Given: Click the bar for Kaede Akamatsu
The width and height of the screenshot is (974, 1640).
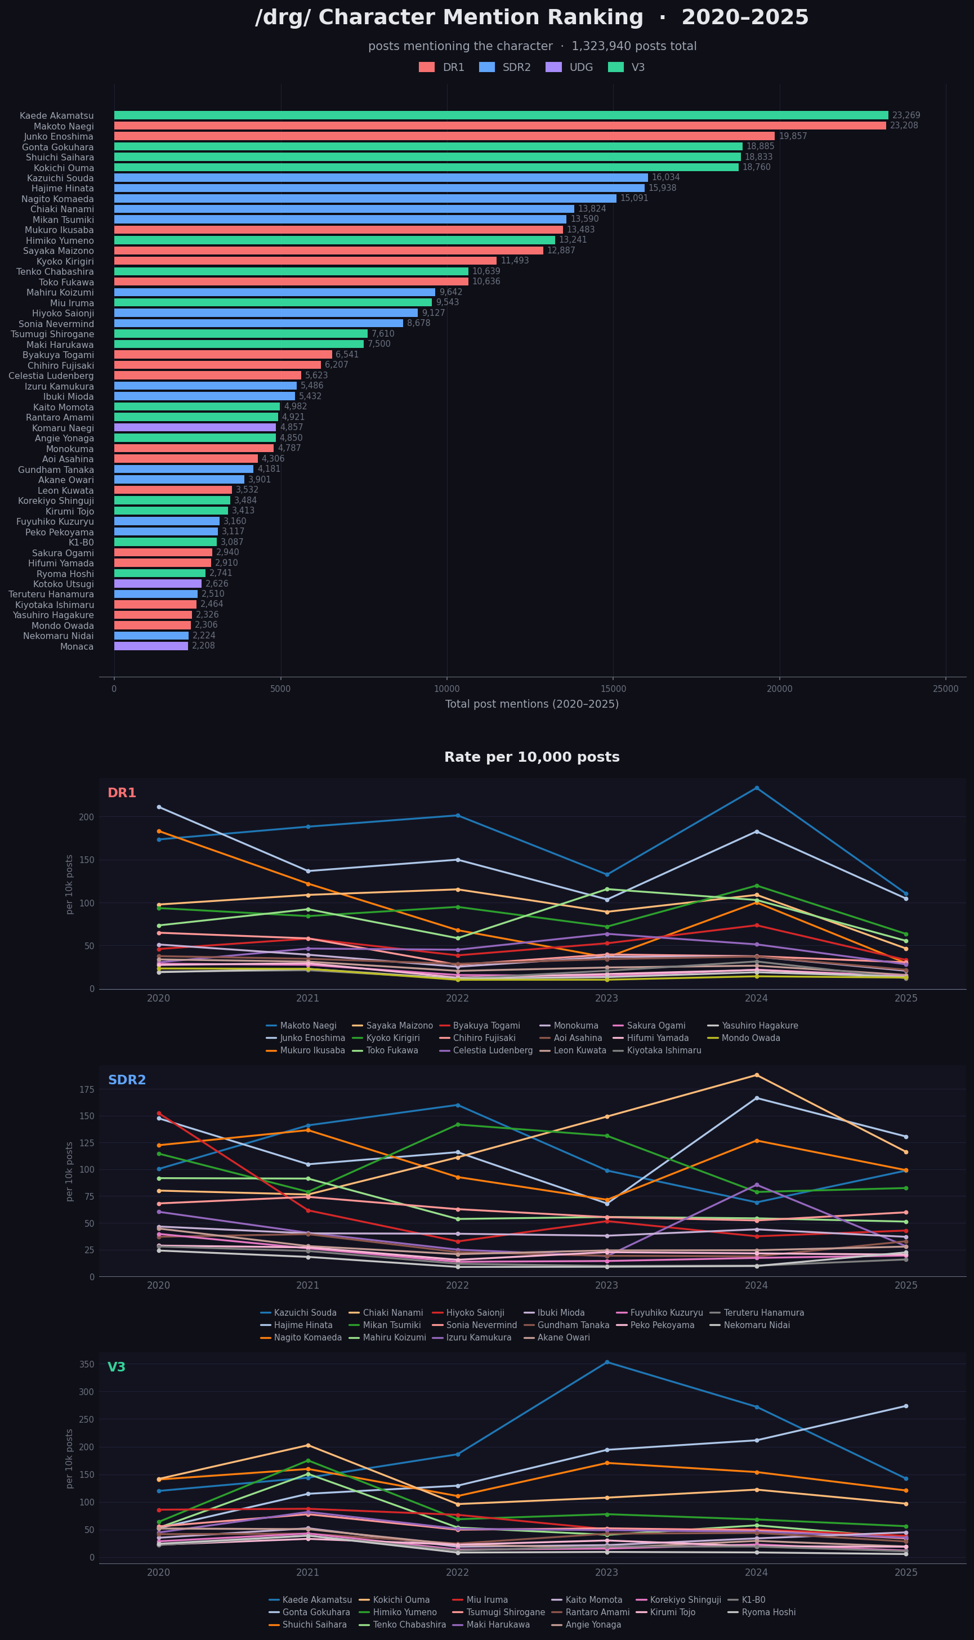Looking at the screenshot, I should pos(501,115).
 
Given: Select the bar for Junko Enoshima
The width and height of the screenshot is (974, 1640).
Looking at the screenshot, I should pos(444,136).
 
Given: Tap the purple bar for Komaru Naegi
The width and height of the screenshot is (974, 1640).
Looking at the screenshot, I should pos(195,428).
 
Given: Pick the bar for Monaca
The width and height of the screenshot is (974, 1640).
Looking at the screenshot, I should pos(151,646).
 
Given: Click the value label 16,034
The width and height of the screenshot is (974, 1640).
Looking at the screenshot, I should pos(665,178).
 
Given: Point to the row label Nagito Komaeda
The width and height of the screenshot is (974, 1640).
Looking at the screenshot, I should pos(58,199).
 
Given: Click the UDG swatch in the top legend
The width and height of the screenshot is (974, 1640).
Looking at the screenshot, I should pos(553,68).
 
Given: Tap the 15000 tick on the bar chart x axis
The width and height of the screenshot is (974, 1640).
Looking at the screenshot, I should pos(613,689).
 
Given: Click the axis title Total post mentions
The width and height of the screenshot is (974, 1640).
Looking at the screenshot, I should pos(531,704).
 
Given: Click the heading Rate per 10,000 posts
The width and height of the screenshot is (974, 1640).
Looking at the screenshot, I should pos(531,757).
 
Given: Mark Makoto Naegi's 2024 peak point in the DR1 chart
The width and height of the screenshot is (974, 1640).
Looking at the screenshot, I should pos(756,788).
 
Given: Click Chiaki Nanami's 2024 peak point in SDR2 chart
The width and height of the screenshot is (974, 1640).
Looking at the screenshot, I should pos(756,1075).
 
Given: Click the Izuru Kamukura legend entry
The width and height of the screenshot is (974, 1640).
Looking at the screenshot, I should pos(479,1338).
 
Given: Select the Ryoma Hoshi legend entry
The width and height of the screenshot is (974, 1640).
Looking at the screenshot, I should pos(768,1612).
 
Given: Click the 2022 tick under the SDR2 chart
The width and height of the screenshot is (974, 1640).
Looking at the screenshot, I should pos(458,1286).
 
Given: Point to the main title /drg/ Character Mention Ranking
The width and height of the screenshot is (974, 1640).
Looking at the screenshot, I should pos(531,17).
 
